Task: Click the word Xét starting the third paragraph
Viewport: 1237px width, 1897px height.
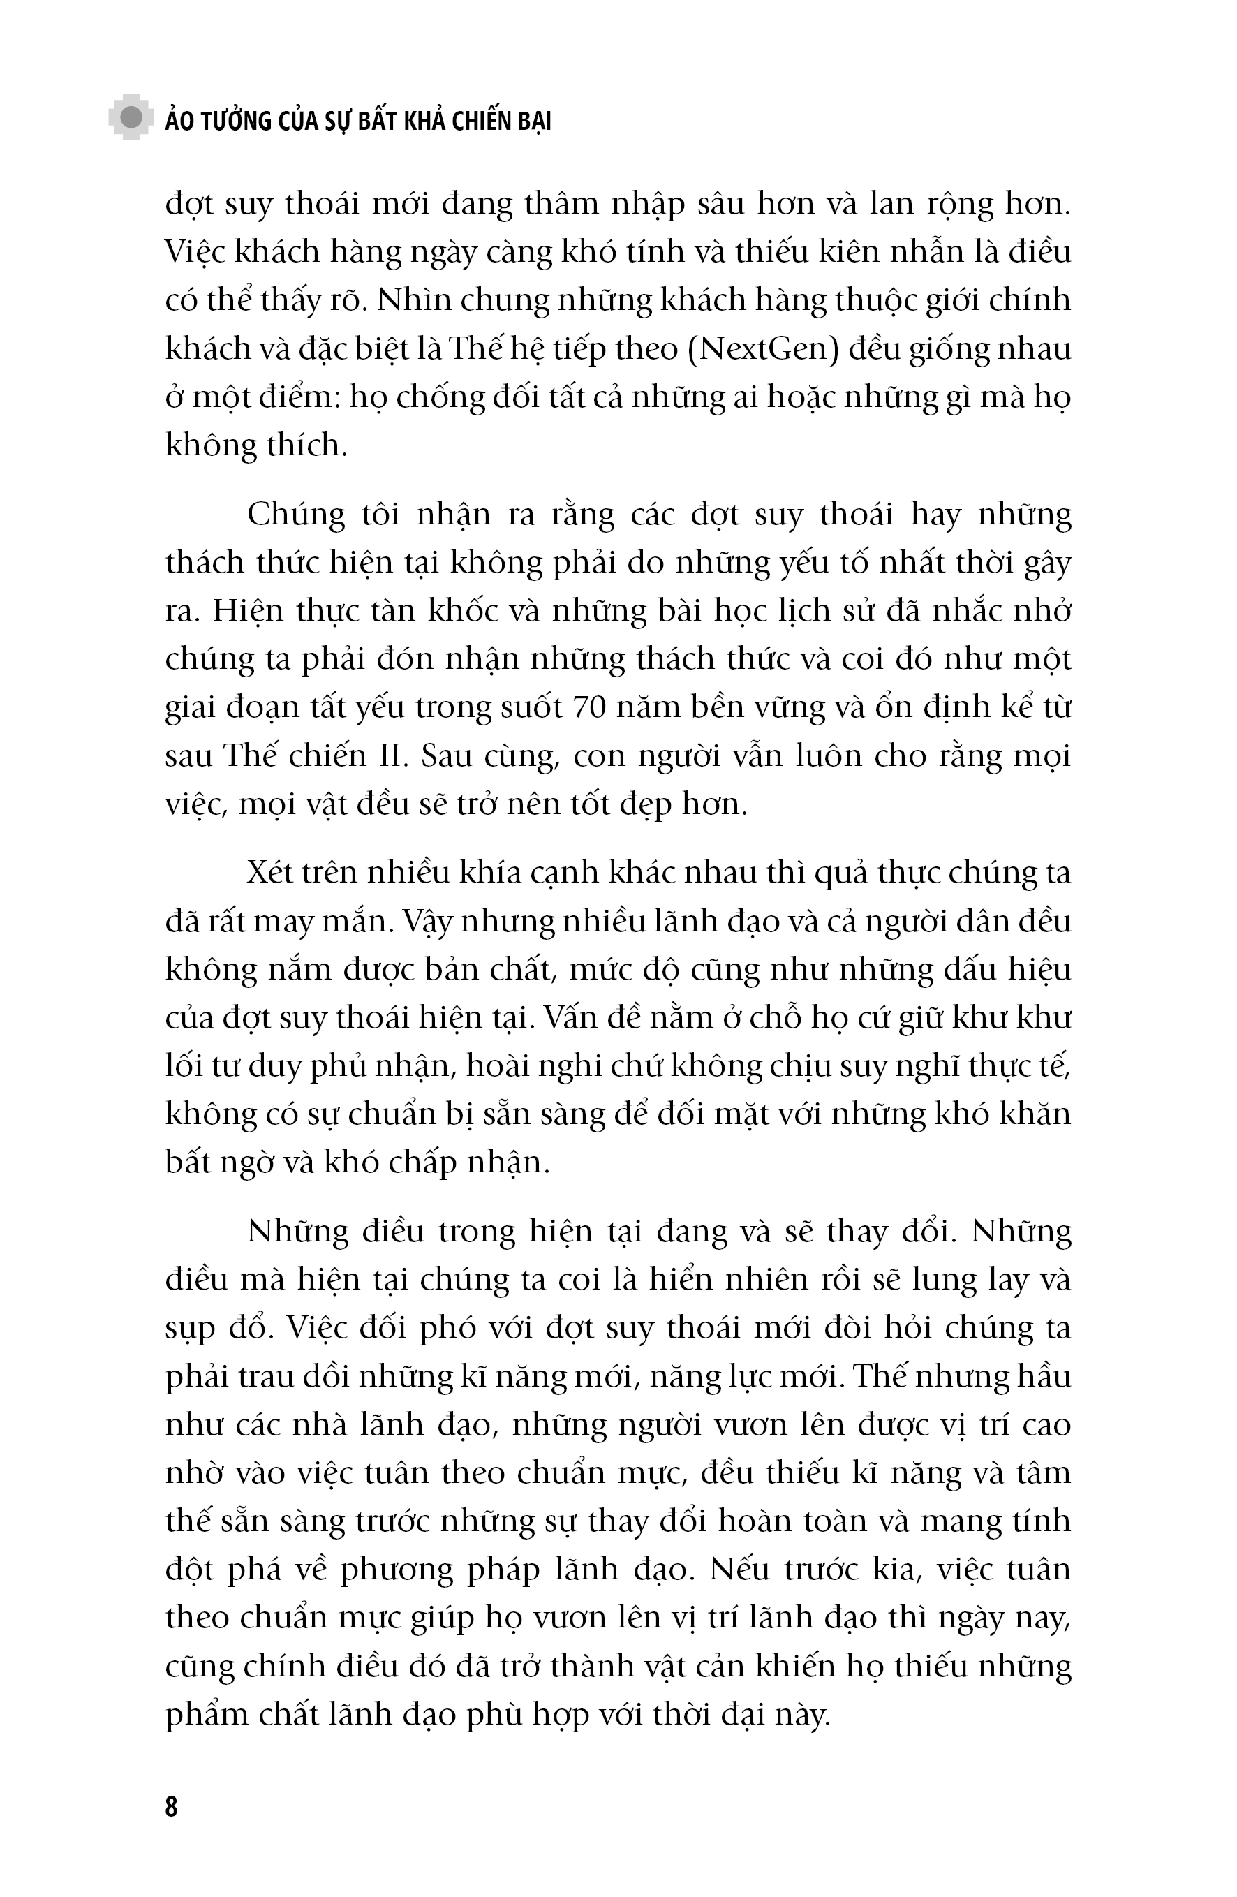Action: pyautogui.click(x=271, y=873)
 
